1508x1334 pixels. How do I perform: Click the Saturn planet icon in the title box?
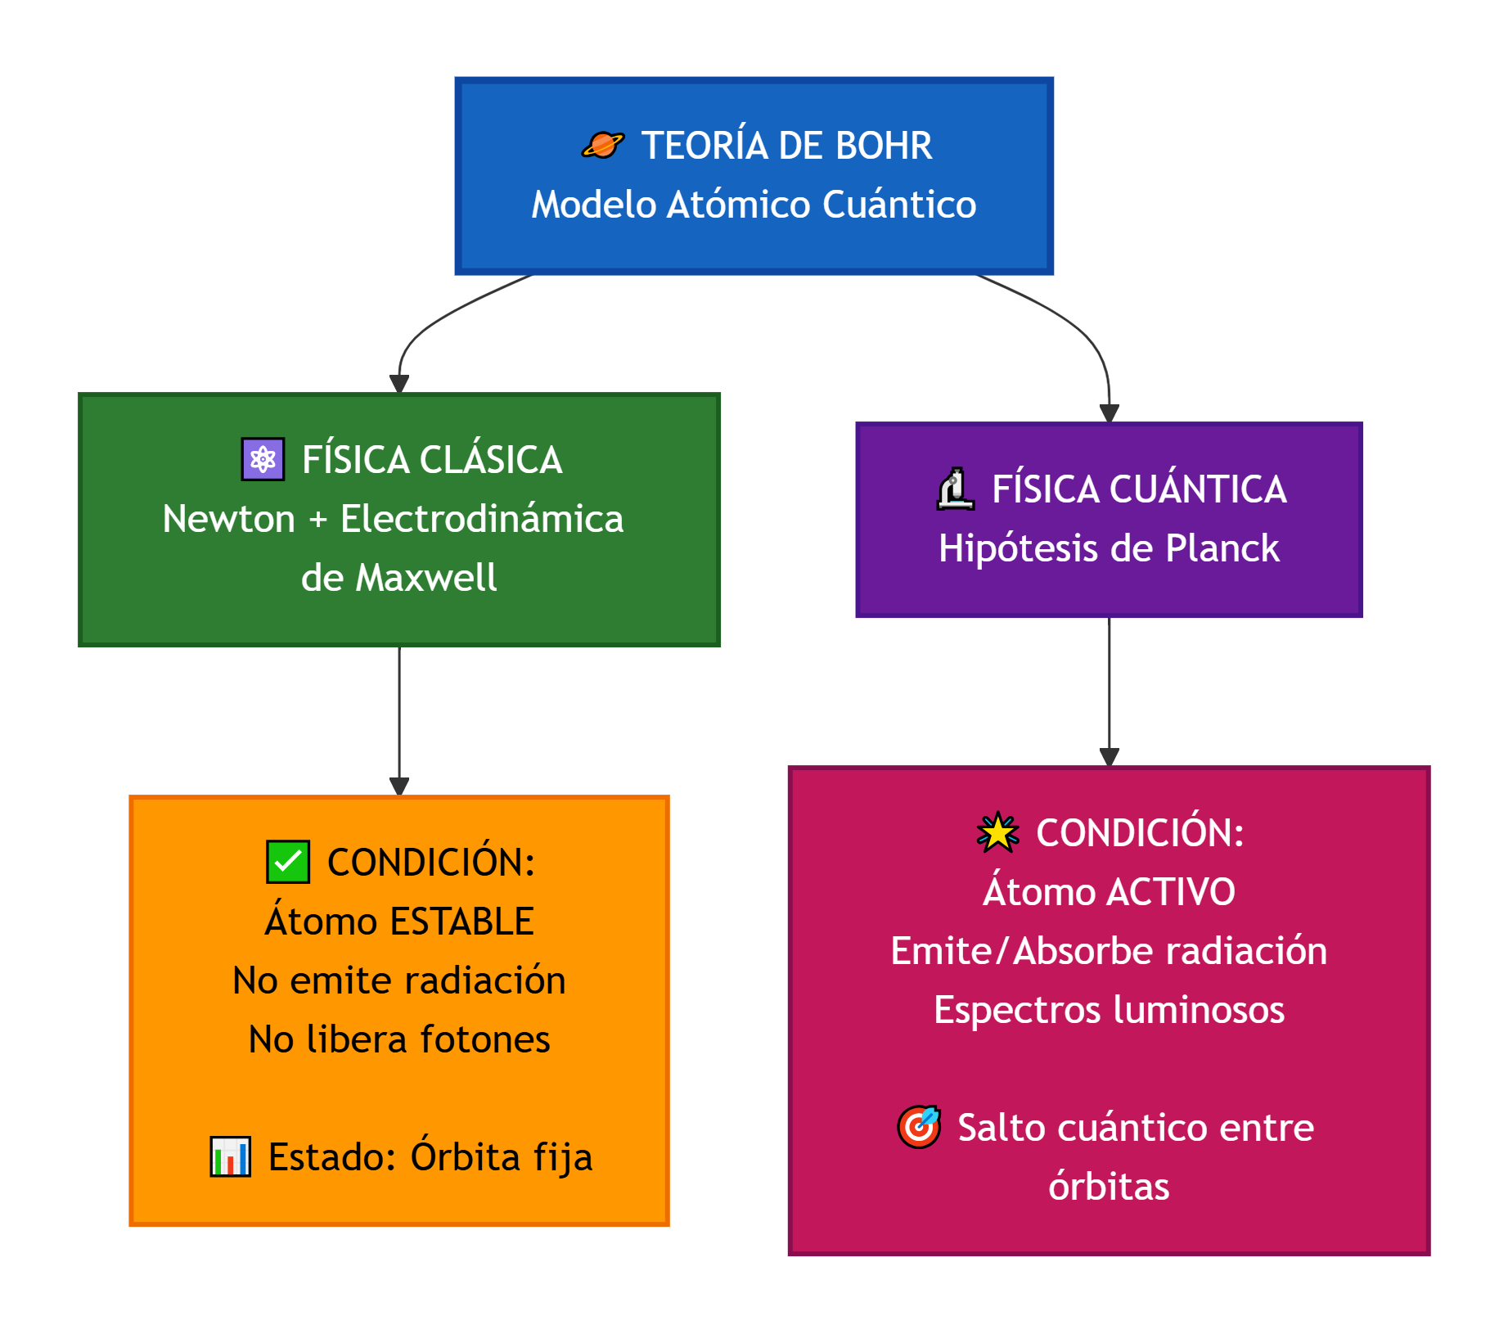603,146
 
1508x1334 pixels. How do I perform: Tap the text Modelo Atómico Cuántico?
754,205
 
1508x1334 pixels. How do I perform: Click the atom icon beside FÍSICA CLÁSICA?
263,459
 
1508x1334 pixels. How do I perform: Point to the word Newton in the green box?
228,519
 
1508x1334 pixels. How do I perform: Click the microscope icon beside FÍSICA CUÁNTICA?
955,489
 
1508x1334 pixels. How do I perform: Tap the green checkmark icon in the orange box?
288,862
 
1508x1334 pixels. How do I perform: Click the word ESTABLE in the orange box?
462,922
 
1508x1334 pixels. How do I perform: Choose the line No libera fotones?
399,1039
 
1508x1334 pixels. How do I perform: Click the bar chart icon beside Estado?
231,1156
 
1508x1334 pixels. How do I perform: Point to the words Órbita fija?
501,1156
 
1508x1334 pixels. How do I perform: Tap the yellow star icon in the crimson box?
998,832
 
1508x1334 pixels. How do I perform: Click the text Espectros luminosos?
1109,1010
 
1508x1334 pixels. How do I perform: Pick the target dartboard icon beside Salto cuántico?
919,1127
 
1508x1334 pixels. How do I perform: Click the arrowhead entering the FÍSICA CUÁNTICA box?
1109,414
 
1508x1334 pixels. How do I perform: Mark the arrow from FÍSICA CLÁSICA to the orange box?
399,720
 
